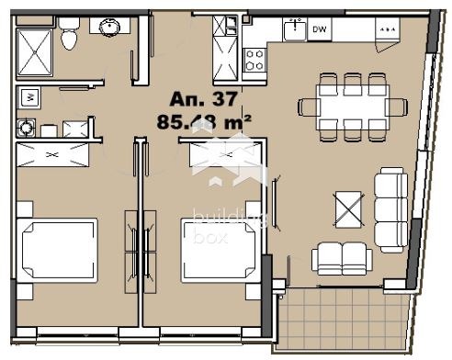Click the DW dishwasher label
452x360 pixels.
[319, 30]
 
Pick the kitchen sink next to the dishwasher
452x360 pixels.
[294, 30]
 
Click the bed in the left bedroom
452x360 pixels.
[61, 248]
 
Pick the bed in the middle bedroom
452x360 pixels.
[219, 248]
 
